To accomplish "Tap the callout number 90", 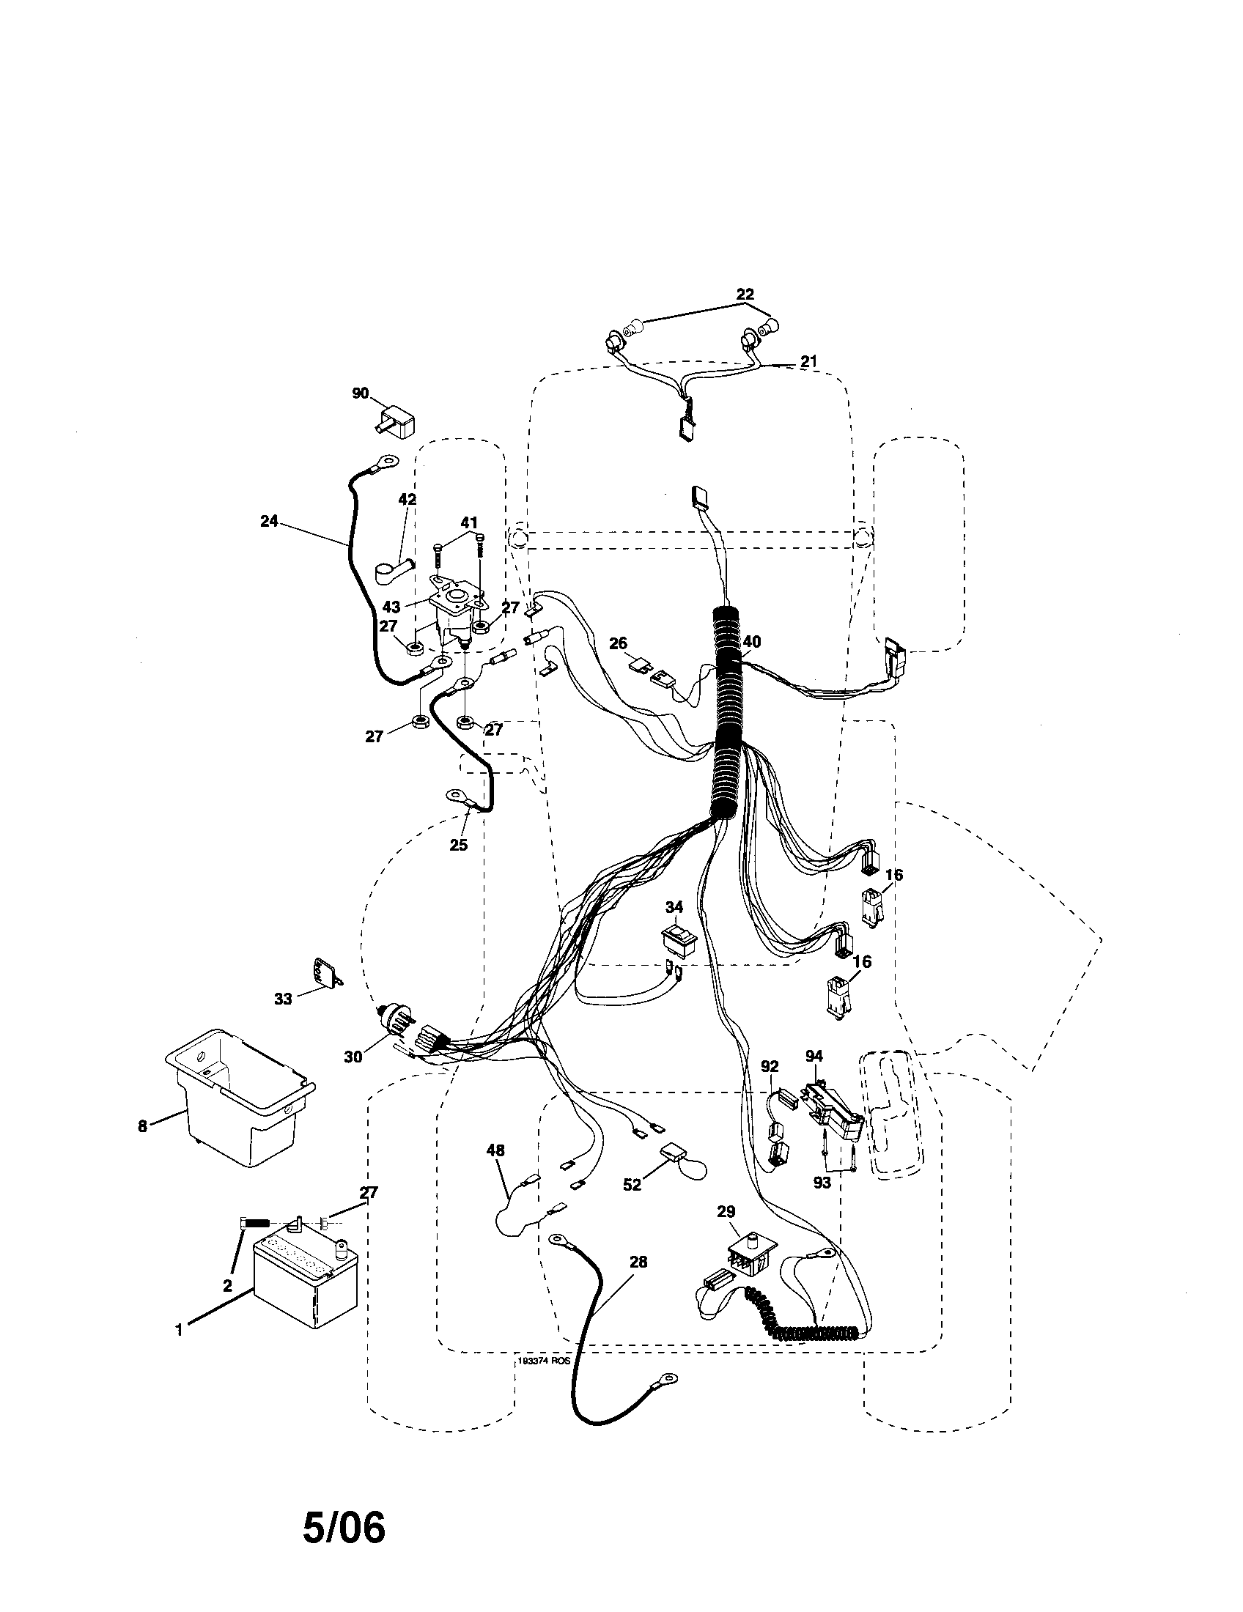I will pyautogui.click(x=359, y=394).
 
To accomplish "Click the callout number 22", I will pyautogui.click(x=745, y=293).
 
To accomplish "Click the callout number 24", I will pyautogui.click(x=269, y=521).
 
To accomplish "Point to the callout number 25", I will pyautogui.click(x=458, y=845).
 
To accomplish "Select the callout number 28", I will pyautogui.click(x=638, y=1262).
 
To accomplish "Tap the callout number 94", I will pyautogui.click(x=814, y=1057).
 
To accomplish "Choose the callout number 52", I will pyautogui.click(x=632, y=1186).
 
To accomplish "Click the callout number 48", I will pyautogui.click(x=495, y=1150).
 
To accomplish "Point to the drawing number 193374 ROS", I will pyautogui.click(x=542, y=1364).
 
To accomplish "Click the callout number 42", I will pyautogui.click(x=407, y=499).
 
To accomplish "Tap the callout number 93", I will pyautogui.click(x=822, y=1183).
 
